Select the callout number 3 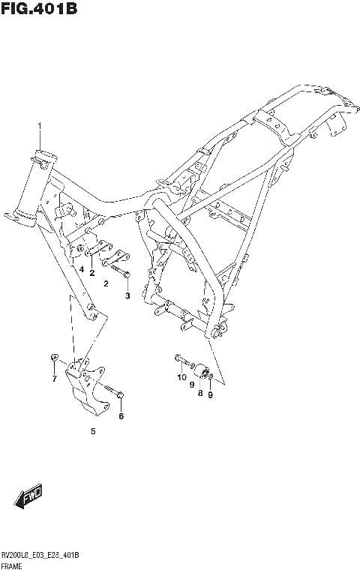127,295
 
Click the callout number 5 93,431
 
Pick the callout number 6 121,416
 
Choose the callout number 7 54,379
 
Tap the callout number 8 200,392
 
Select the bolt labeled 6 112,391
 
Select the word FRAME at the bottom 13,564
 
